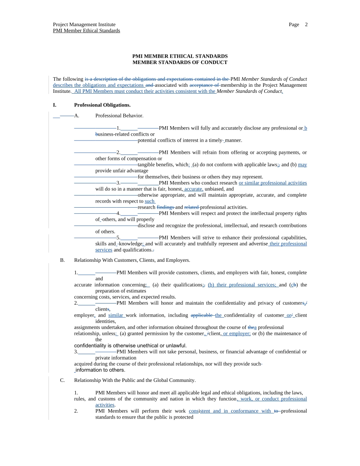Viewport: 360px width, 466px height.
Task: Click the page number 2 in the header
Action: (x=306, y=25)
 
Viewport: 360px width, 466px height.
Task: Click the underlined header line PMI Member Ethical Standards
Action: (x=86, y=31)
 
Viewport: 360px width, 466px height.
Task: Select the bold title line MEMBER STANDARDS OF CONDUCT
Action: (x=180, y=63)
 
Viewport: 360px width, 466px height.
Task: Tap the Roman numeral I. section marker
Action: (x=55, y=105)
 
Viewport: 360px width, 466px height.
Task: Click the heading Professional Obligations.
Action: (x=102, y=105)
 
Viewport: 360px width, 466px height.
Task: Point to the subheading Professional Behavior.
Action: (x=119, y=116)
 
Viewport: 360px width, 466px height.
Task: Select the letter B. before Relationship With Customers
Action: (x=63, y=260)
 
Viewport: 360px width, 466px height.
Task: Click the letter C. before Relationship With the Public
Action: (x=63, y=380)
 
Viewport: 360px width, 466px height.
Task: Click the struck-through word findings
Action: (x=165, y=207)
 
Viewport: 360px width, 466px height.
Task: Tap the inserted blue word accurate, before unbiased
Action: (x=194, y=189)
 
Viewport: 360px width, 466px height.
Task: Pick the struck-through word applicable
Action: (x=202, y=315)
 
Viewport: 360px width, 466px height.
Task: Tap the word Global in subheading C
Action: (x=154, y=380)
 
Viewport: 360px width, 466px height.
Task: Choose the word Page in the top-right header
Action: (x=294, y=25)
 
